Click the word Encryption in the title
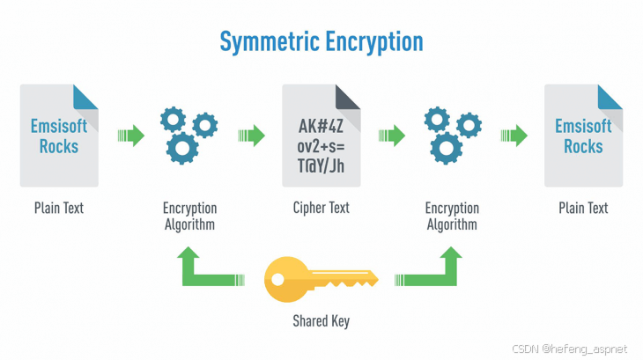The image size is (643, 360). tap(375, 41)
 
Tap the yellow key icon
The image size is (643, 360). tap(321, 279)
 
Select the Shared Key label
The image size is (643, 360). tap(321, 321)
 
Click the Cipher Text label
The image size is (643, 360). tap(321, 209)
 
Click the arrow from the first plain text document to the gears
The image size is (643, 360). tap(130, 136)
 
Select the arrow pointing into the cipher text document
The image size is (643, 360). tap(252, 136)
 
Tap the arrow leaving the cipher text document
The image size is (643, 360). tap(391, 136)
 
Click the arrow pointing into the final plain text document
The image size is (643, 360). tap(514, 136)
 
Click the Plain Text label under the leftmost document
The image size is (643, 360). tap(59, 209)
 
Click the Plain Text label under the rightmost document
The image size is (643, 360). tap(583, 209)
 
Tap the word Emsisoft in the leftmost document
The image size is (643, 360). tap(59, 126)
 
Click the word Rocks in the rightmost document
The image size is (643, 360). tap(583, 146)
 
